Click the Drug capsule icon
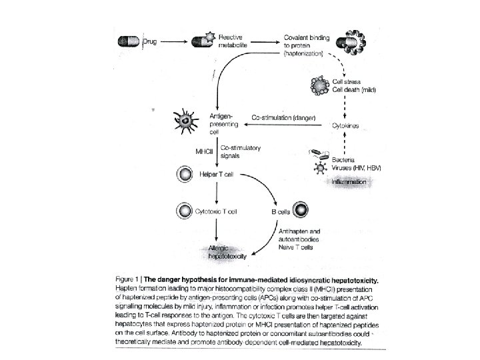pos(128,41)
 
